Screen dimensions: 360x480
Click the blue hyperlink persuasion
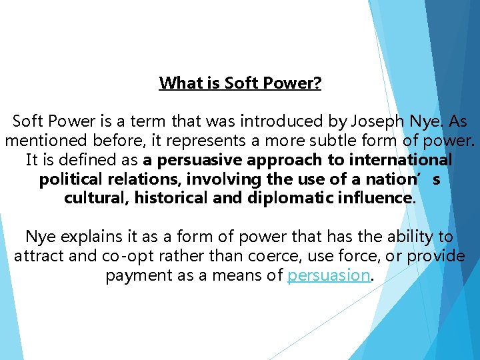tap(329, 275)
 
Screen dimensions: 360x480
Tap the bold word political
tap(70, 180)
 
